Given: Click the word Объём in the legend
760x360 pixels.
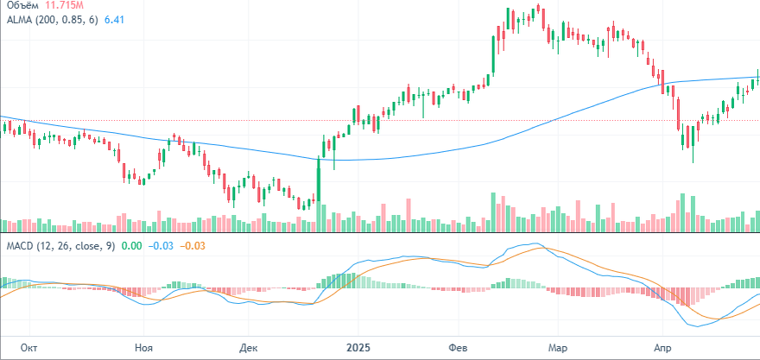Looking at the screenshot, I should (24, 4).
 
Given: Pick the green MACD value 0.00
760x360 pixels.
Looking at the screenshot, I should (132, 246).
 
